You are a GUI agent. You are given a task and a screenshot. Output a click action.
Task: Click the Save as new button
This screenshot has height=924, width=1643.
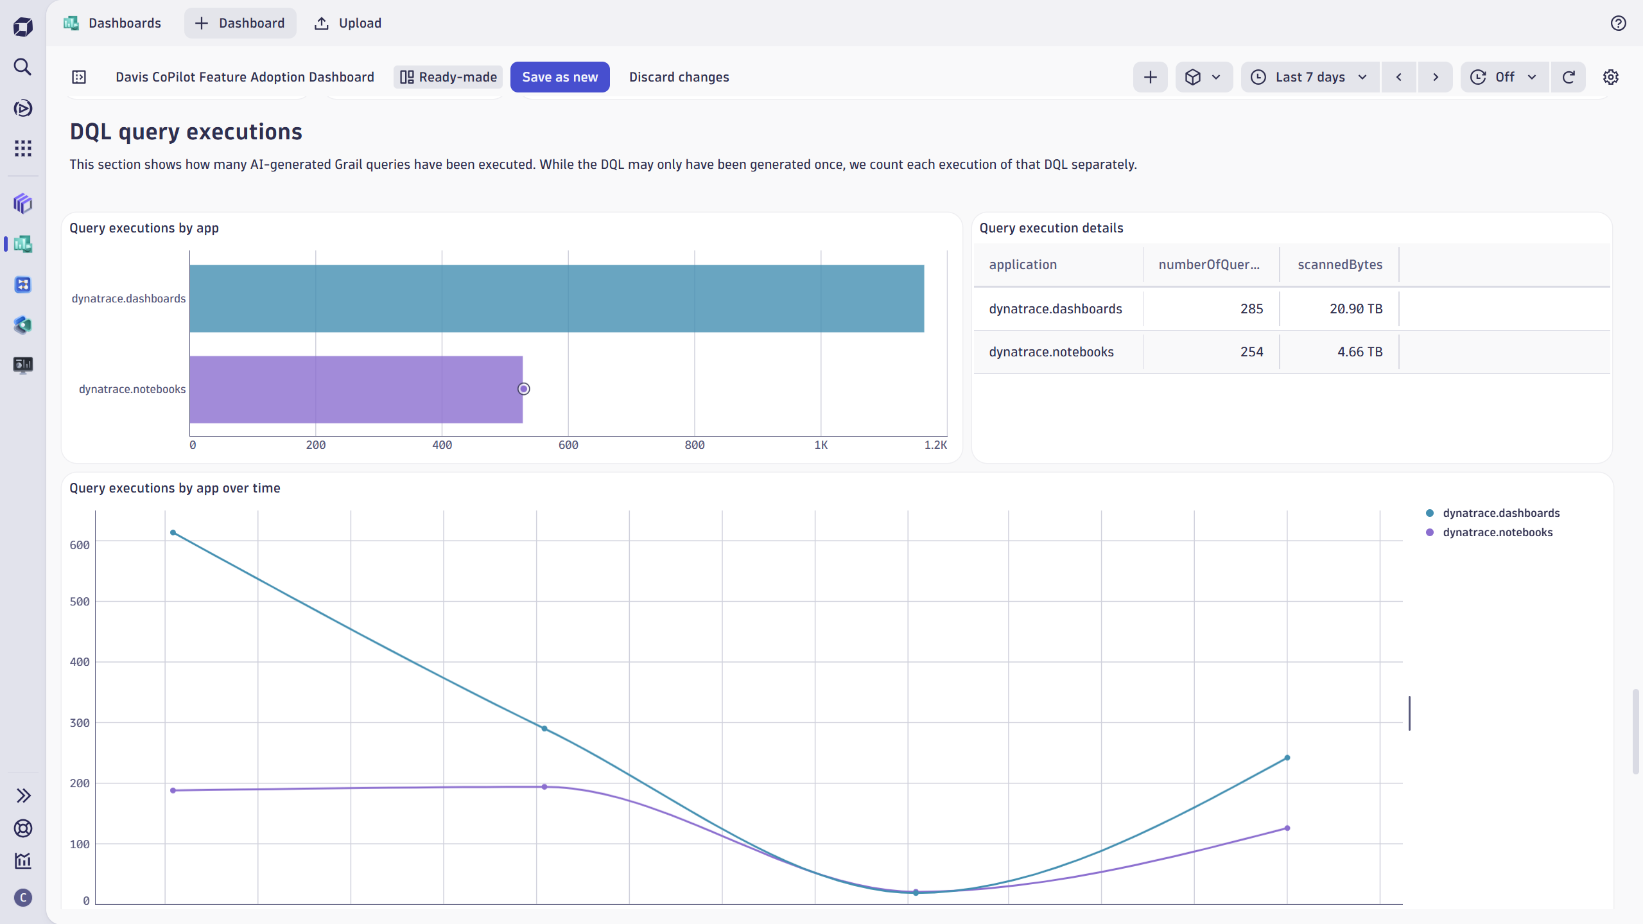pos(559,77)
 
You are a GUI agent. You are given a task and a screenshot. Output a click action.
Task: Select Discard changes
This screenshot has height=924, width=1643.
pos(679,77)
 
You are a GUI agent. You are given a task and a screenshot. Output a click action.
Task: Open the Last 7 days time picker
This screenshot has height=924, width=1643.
pos(1310,77)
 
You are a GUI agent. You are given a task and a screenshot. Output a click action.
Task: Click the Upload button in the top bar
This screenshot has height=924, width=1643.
pos(348,23)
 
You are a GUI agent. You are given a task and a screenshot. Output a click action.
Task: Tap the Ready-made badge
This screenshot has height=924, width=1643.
pos(448,77)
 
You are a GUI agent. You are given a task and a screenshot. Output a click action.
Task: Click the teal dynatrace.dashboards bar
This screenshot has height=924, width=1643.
pos(556,299)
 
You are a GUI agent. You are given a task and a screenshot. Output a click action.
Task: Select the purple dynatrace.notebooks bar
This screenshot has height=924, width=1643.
pos(356,389)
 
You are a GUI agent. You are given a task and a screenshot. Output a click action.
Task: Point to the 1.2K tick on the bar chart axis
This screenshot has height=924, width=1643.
pos(935,445)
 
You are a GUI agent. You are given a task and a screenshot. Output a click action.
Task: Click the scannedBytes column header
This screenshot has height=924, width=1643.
pos(1339,265)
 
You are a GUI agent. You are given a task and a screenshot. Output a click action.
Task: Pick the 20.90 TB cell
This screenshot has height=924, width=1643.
pos(1355,309)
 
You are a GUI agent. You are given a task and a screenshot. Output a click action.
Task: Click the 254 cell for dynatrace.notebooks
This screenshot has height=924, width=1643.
pos(1251,352)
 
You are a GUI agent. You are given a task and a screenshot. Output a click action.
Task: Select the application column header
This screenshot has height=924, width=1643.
pos(1022,265)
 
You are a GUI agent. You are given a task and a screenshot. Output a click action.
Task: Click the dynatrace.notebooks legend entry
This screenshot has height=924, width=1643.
pos(1497,532)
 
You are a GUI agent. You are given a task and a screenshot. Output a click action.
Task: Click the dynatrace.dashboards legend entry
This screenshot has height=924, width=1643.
pos(1500,513)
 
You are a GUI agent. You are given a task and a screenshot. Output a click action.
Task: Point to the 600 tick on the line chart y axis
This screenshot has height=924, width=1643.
pos(80,545)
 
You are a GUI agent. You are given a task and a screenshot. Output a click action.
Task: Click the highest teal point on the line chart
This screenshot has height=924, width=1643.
pos(173,532)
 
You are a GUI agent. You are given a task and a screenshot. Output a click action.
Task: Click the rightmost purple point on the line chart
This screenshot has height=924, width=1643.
pos(1287,828)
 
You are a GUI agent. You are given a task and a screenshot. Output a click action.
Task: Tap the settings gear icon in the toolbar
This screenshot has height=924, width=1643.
pos(1610,77)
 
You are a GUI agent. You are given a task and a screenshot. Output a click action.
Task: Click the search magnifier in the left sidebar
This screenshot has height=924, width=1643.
pos(22,67)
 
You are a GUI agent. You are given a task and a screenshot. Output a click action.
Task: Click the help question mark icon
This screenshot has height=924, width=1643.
pos(1618,23)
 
